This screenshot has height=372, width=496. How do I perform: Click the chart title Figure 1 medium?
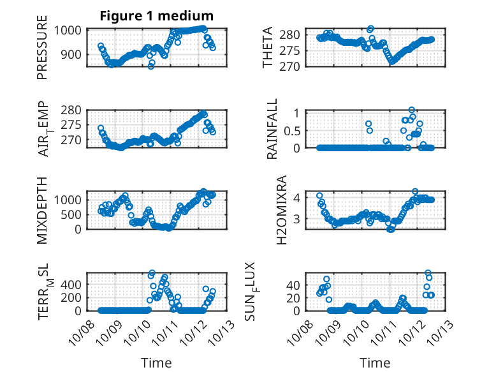click(x=156, y=16)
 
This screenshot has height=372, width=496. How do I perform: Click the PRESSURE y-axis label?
click(x=43, y=52)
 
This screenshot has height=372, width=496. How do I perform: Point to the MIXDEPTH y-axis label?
click(x=43, y=210)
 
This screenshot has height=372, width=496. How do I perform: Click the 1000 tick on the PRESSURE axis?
click(x=68, y=30)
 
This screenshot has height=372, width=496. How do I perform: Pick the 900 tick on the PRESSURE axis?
click(x=71, y=54)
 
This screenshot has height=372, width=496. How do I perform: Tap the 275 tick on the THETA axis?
click(x=290, y=50)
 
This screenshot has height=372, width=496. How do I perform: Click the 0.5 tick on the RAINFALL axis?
click(x=291, y=130)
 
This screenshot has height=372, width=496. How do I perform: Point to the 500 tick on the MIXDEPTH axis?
click(x=71, y=214)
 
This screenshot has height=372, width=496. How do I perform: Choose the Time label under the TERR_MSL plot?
click(x=156, y=363)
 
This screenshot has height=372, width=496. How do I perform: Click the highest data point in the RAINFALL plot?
click(x=412, y=110)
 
